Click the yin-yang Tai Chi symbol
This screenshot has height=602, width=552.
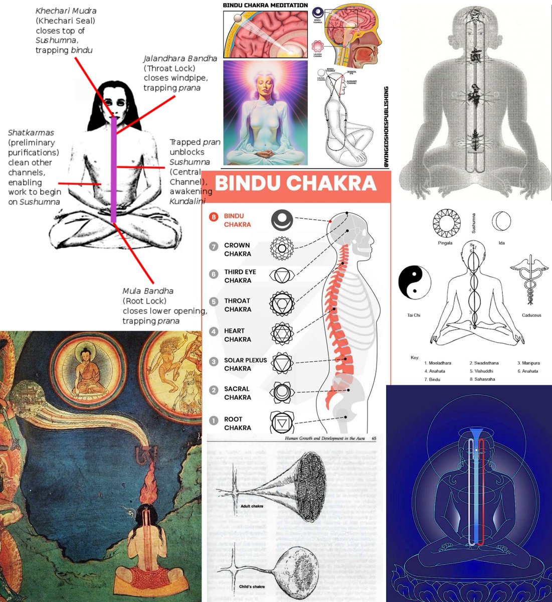coord(415,282)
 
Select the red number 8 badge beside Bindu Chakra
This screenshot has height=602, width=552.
coord(214,218)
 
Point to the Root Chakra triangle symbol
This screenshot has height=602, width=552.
coord(281,423)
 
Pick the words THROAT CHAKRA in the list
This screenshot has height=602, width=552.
coord(237,305)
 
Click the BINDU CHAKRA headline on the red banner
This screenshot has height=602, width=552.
coord(296,184)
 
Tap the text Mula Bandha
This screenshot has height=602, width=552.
coord(148,291)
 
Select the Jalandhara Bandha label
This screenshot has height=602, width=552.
coord(180,59)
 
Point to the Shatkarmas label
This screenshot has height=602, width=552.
coord(31,133)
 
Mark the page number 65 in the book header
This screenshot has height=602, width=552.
coord(374,438)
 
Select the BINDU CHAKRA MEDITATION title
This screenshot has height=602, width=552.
coord(265,6)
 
